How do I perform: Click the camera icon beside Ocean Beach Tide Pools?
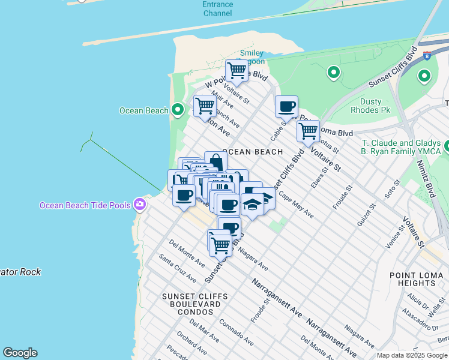[x=140, y=205]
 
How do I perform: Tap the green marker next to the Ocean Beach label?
[x=178, y=110]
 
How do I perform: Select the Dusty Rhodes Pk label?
[x=370, y=106]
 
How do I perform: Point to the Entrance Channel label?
[x=217, y=8]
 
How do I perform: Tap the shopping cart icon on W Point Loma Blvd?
[x=237, y=71]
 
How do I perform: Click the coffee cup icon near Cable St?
[x=287, y=107]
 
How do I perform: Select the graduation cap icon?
[x=253, y=205]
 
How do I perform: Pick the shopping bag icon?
[x=216, y=162]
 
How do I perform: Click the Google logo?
[x=20, y=353]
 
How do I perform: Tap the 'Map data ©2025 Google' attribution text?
[x=412, y=355]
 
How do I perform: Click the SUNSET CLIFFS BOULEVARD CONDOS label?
[x=191, y=304]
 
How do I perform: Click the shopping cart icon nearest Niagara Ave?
[x=221, y=244]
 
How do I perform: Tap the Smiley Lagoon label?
[x=252, y=57]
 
